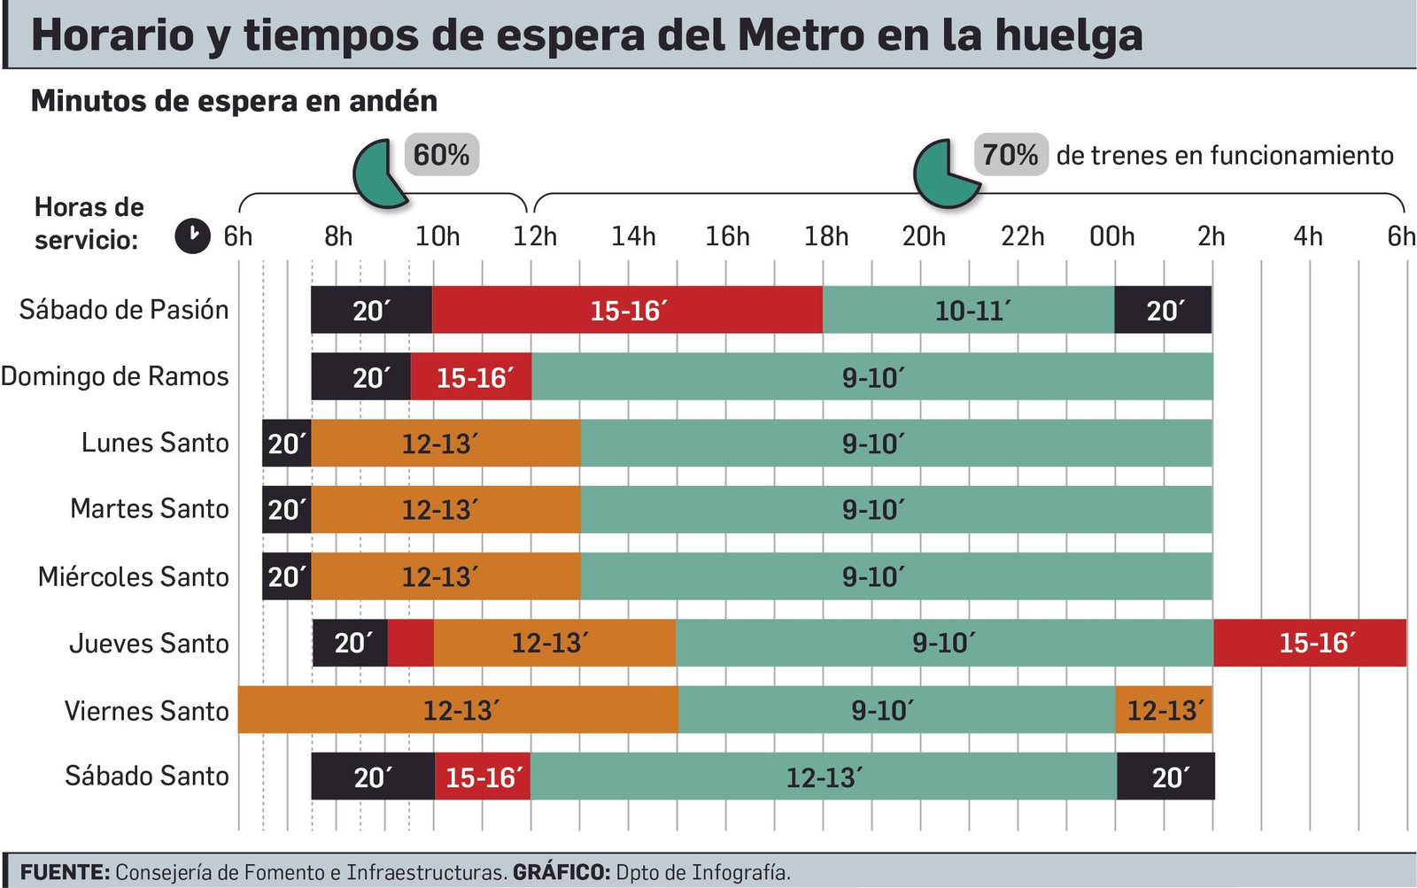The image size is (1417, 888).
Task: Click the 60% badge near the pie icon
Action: (441, 155)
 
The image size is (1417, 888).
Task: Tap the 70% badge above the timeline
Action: (1010, 155)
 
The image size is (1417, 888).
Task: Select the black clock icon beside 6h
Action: (192, 236)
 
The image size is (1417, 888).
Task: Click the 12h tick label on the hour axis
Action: (535, 236)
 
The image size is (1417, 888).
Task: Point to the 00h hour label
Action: (1111, 236)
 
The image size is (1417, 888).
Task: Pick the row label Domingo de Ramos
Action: (115, 376)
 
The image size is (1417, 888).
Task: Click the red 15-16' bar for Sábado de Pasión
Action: (627, 310)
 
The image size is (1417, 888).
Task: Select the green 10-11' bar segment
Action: (968, 310)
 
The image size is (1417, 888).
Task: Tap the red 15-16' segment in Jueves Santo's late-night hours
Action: (1310, 643)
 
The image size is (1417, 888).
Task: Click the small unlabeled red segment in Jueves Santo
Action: (411, 643)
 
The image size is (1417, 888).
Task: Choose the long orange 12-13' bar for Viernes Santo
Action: (458, 710)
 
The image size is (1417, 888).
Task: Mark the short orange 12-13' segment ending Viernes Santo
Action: (1163, 710)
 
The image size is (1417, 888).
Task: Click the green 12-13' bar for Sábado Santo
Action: (823, 776)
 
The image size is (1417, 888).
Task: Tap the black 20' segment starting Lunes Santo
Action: (286, 443)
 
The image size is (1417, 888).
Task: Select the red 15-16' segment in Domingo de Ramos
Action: (471, 377)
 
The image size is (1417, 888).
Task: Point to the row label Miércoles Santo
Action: (134, 576)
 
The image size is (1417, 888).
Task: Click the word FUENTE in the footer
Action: (65, 872)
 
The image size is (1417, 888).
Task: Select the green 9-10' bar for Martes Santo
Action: (896, 509)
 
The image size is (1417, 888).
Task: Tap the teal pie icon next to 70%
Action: (944, 174)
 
